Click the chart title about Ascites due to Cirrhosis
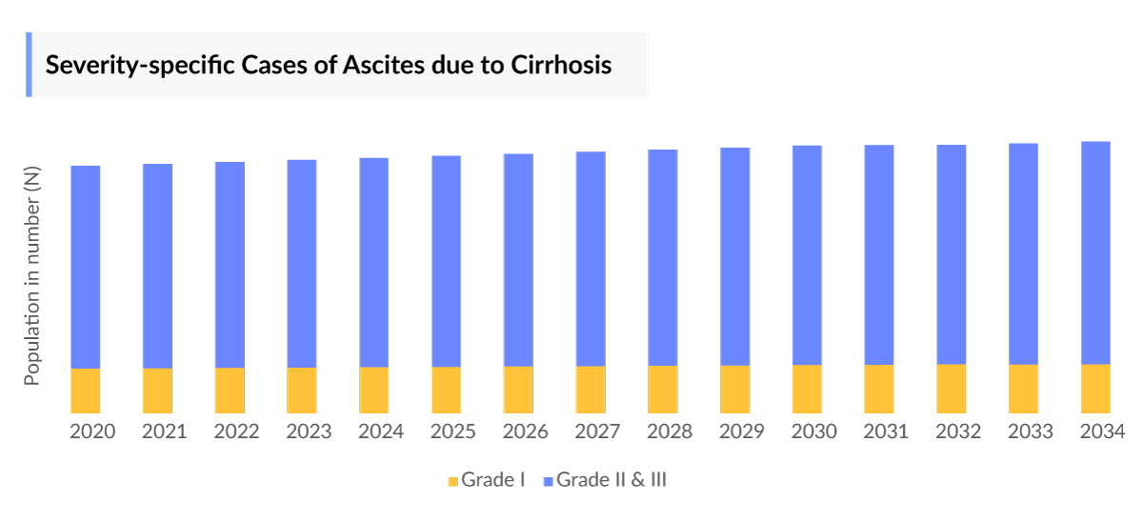329,66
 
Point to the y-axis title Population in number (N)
32,276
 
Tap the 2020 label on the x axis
92,432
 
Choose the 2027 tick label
597,432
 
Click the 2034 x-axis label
1102,432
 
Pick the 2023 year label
309,432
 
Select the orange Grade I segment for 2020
86,391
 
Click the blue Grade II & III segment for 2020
86,267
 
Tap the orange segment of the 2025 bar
446,390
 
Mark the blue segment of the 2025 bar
446,261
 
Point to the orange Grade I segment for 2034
1095,389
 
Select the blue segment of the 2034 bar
1095,252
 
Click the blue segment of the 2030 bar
807,255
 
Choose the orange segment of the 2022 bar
230,391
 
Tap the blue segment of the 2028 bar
663,257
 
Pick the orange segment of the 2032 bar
951,389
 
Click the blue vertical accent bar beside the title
29,65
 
